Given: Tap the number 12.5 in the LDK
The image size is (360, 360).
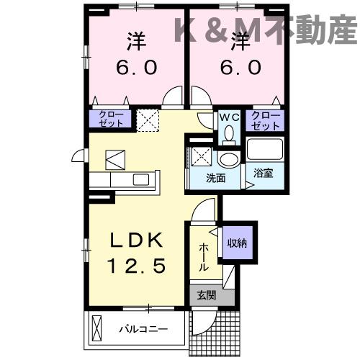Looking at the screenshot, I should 138,266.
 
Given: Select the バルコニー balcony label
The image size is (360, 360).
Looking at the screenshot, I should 143,330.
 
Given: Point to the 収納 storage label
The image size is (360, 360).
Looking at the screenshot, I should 238,243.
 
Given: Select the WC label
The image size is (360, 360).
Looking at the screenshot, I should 229,116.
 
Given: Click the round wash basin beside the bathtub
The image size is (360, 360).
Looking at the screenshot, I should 230,159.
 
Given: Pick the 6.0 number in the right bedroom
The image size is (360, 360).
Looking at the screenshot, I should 238,67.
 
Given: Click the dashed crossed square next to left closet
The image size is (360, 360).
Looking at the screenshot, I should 148,119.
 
